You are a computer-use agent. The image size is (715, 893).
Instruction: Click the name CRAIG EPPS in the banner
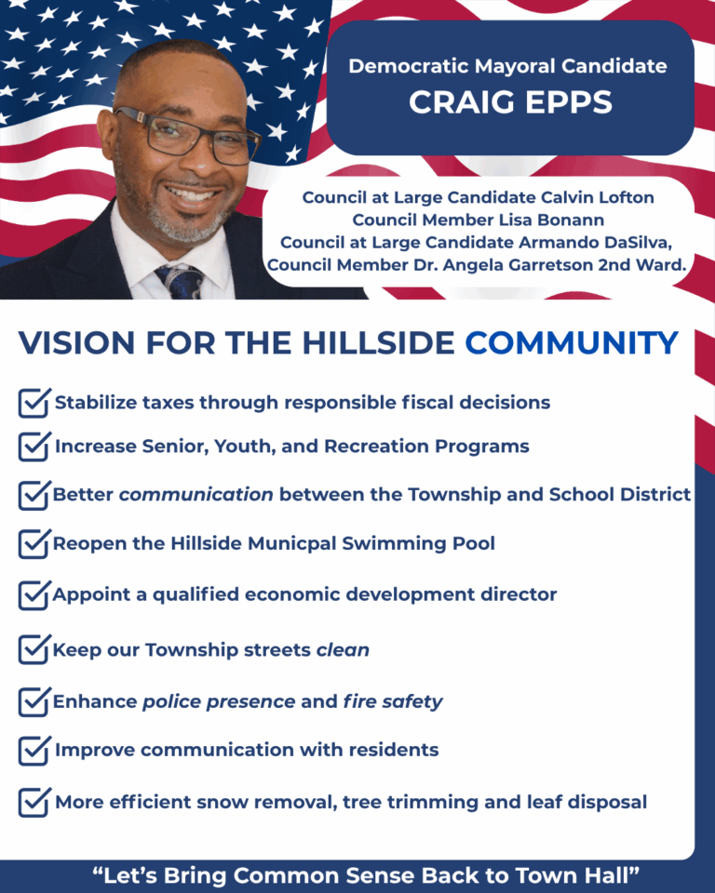tap(510, 102)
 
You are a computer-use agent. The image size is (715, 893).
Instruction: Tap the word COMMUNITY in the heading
tap(572, 343)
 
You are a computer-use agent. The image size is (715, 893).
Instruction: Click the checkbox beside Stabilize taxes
tap(34, 403)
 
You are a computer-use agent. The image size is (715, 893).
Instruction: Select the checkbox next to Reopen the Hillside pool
tap(34, 543)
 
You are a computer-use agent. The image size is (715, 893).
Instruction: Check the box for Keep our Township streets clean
tap(34, 649)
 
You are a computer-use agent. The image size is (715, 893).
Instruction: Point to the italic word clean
tap(343, 650)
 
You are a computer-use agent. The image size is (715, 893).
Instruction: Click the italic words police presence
tap(219, 701)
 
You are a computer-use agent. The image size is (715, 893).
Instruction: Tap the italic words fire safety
tap(393, 701)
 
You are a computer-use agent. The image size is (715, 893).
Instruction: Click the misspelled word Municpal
tap(292, 543)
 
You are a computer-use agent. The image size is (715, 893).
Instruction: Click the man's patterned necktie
tap(181, 281)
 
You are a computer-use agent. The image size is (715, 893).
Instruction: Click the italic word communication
tap(196, 494)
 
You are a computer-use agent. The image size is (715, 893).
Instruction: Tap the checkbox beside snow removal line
tap(34, 802)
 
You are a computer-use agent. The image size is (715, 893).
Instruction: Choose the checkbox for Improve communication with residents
tap(34, 750)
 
